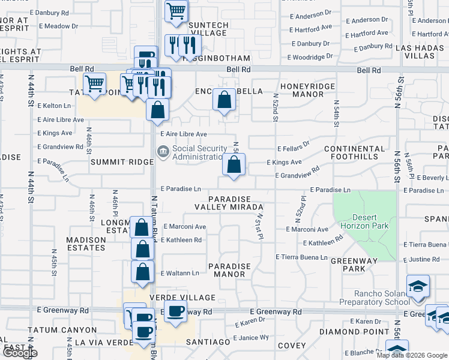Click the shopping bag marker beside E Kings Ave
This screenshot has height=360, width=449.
[234, 163]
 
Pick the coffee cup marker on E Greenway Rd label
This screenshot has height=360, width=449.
[175, 311]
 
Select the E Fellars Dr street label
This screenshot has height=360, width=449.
[293, 145]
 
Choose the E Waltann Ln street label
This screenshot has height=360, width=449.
[179, 273]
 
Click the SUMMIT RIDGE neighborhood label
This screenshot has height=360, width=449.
[122, 162]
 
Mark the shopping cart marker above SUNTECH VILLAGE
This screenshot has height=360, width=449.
[176, 10]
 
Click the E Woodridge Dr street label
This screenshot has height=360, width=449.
[310, 57]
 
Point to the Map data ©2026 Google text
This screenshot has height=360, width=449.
[411, 355]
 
